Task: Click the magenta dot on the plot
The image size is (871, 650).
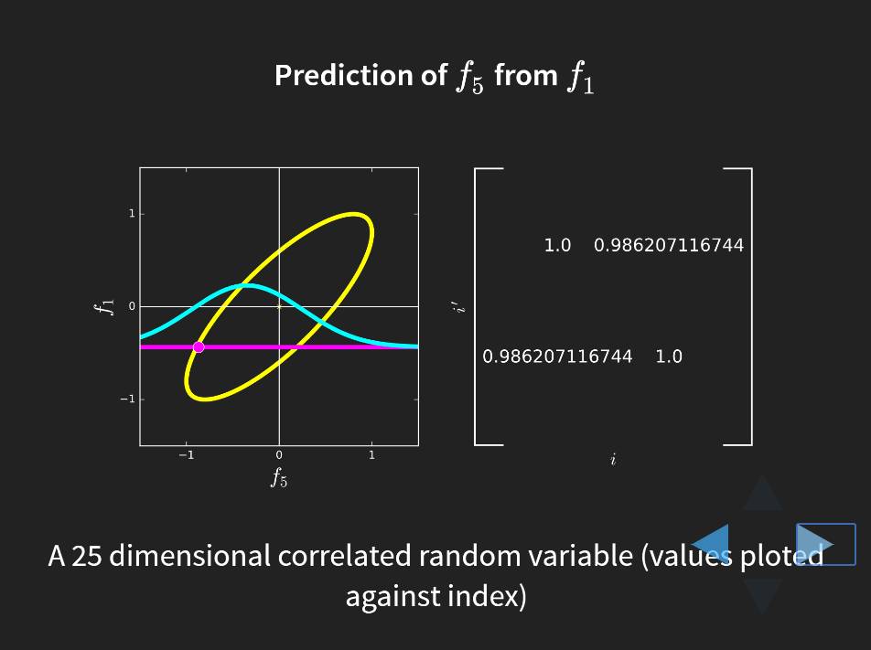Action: click(x=199, y=346)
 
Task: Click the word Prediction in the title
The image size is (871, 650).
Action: click(x=361, y=76)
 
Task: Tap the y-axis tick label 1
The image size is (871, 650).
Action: click(x=132, y=214)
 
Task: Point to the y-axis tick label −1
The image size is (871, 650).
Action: click(x=128, y=400)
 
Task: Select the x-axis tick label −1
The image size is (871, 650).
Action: click(x=186, y=455)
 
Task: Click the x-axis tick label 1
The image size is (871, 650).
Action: click(x=371, y=455)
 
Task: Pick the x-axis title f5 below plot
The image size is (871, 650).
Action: click(x=279, y=477)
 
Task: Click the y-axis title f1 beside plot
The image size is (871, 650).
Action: click(x=105, y=306)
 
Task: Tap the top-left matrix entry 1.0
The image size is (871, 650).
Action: click(x=558, y=245)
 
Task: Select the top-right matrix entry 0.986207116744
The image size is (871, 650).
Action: click(x=669, y=245)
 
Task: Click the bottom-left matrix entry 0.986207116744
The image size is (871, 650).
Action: click(x=557, y=356)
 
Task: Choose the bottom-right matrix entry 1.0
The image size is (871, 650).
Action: click(x=669, y=356)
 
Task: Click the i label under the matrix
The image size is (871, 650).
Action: click(x=613, y=459)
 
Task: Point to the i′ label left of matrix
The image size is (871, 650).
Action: click(x=458, y=307)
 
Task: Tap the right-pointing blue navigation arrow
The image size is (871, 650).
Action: click(x=815, y=544)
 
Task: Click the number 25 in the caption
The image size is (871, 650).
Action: click(x=87, y=556)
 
